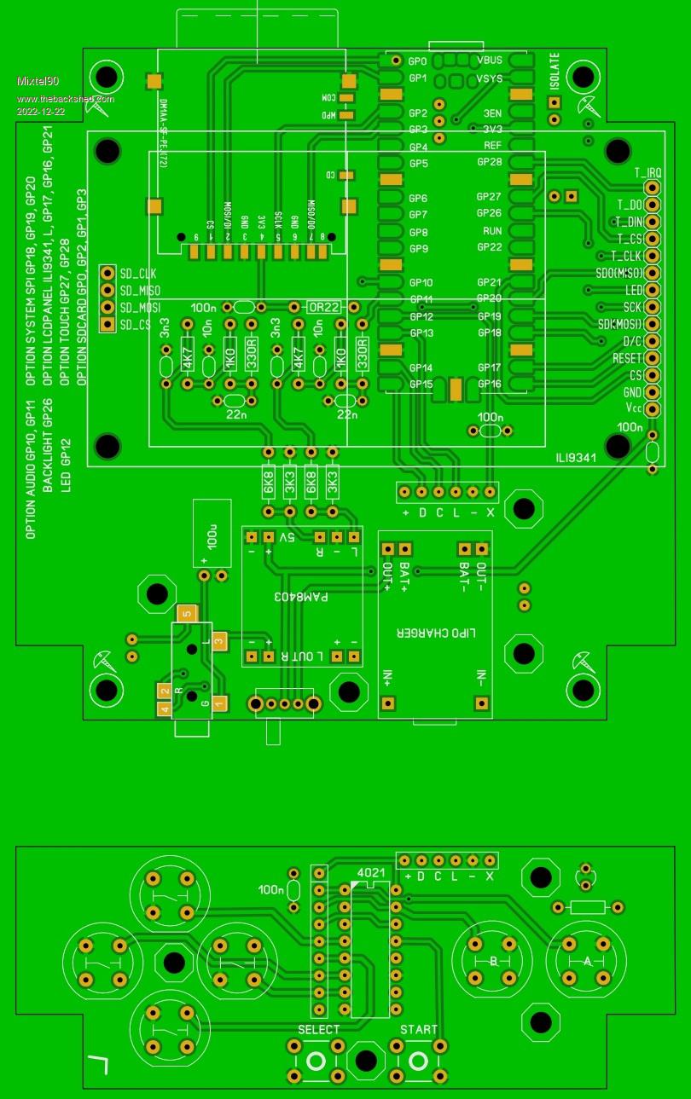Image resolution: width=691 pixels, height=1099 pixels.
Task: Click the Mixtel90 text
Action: click(38, 81)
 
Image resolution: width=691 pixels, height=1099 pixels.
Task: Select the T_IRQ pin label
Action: click(647, 172)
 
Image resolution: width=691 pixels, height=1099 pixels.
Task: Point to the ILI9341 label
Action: click(575, 457)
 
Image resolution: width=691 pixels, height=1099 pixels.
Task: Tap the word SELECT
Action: click(318, 1030)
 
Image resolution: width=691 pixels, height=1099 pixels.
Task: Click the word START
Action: click(419, 1030)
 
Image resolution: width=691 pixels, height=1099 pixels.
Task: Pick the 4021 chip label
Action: click(370, 873)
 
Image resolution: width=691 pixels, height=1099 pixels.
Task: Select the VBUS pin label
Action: click(490, 61)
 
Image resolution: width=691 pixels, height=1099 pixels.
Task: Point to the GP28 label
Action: click(489, 162)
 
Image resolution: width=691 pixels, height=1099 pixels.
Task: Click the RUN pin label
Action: click(492, 230)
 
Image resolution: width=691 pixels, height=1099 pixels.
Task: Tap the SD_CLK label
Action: click(138, 274)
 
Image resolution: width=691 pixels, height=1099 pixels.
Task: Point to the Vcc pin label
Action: click(631, 409)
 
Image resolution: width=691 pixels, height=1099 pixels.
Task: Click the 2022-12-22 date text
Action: click(39, 111)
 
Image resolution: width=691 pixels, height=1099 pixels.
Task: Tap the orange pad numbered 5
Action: click(187, 613)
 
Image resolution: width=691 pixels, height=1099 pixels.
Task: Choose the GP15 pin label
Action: click(421, 385)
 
